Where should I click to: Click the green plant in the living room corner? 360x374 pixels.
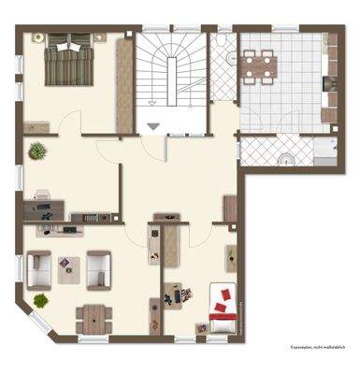(x=41, y=299)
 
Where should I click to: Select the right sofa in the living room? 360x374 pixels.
(x=99, y=268)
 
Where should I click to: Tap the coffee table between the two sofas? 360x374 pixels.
(x=68, y=268)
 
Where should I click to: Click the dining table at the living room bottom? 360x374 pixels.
(x=94, y=316)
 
